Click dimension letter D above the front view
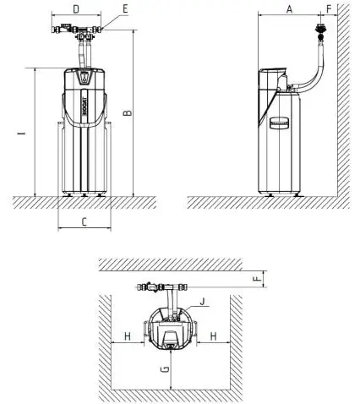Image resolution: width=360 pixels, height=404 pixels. [x=76, y=9]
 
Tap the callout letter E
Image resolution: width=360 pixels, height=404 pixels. [x=125, y=9]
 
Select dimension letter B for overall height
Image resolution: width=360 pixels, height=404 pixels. [x=128, y=113]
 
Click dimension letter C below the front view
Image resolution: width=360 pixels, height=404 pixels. [x=85, y=222]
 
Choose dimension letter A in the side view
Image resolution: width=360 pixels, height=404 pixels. [x=289, y=9]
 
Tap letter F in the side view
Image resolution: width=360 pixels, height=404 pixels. [x=329, y=9]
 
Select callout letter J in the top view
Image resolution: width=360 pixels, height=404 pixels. [x=202, y=302]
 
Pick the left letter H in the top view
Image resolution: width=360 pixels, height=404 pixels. [x=128, y=336]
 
